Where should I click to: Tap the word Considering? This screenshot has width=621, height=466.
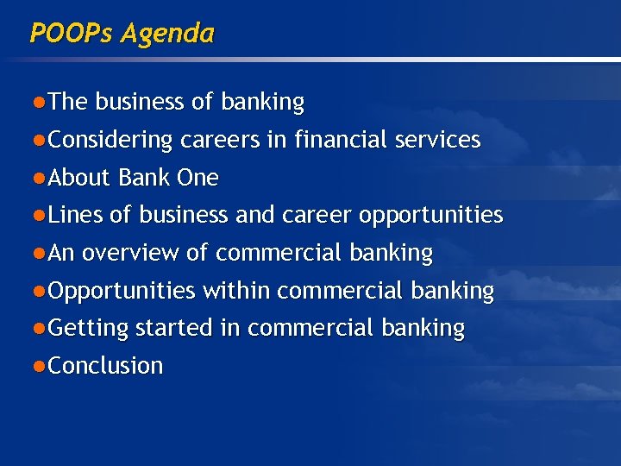tap(110, 140)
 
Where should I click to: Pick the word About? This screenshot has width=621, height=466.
tap(80, 178)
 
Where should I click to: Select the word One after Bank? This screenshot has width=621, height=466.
tap(198, 178)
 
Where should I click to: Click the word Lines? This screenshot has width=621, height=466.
tap(75, 215)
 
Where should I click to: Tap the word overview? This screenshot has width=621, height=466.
tap(130, 253)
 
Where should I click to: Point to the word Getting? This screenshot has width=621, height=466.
tap(88, 329)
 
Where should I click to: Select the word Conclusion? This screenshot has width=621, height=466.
tap(105, 366)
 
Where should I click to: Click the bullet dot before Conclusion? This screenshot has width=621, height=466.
tap(40, 366)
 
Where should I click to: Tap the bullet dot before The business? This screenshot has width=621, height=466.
tap(40, 103)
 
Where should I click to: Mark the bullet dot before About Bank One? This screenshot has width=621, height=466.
tap(40, 178)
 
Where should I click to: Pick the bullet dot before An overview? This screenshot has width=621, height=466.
tap(40, 253)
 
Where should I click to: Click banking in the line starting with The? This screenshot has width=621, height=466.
tap(262, 103)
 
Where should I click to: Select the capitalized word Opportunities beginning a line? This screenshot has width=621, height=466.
tap(122, 291)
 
